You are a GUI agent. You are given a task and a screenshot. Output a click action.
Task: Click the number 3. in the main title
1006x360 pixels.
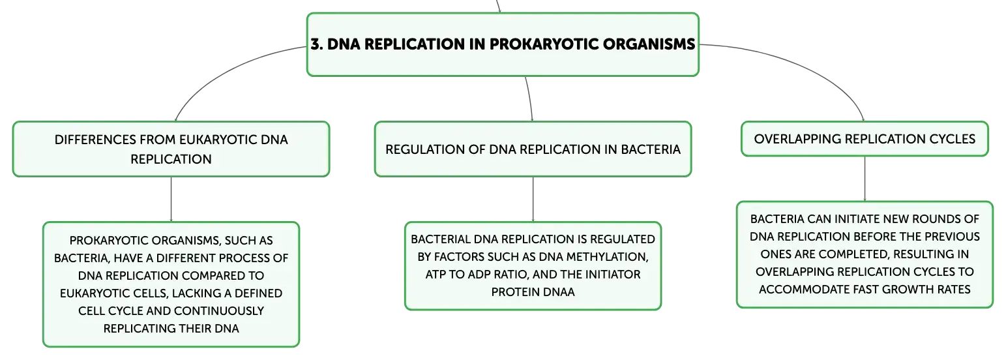coord(317,44)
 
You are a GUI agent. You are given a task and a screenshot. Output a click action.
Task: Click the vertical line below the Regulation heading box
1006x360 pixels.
coord(533,199)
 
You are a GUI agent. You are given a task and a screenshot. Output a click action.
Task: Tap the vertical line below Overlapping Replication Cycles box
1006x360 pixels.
coord(865,179)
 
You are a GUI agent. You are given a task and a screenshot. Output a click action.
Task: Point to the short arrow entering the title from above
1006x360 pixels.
coord(498,7)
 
